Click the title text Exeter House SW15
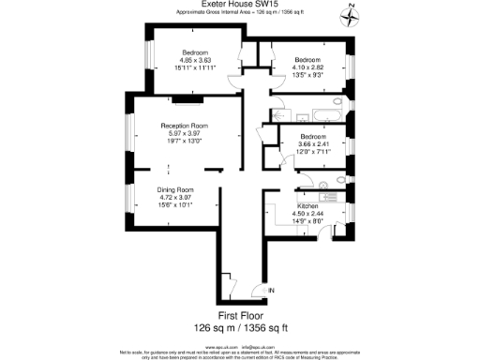point(239,5)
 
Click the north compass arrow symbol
point(349,16)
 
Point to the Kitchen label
point(308,205)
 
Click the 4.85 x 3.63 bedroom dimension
point(195,59)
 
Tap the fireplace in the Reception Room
point(182,98)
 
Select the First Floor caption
point(239,317)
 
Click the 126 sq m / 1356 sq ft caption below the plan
point(239,329)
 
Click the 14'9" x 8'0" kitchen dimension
point(308,220)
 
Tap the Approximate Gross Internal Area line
point(239,13)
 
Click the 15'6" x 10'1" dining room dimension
point(174,205)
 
